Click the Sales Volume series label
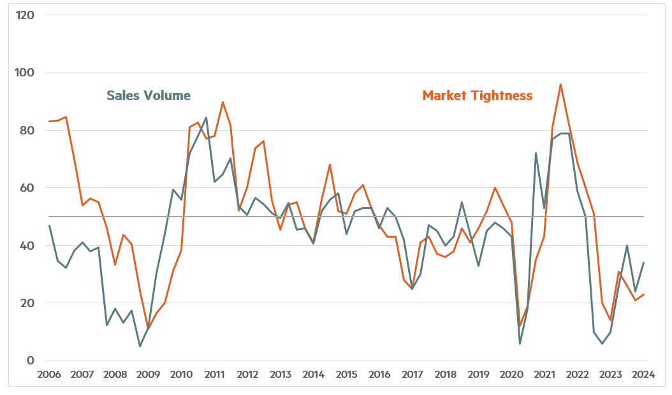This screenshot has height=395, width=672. (x=149, y=96)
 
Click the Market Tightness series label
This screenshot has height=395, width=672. (x=477, y=96)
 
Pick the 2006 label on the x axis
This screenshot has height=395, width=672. (x=49, y=375)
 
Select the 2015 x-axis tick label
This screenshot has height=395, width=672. (x=346, y=375)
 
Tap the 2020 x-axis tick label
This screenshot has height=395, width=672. (x=511, y=375)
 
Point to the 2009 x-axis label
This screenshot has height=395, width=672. (x=148, y=375)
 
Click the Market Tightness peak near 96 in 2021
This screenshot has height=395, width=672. (x=560, y=84)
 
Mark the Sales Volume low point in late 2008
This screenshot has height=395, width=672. (x=140, y=346)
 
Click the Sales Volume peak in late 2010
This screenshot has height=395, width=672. (x=206, y=118)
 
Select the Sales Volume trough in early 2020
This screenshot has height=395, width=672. (x=520, y=344)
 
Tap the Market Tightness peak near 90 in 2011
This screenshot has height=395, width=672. (x=223, y=102)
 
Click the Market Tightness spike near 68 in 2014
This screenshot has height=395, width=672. (x=330, y=164)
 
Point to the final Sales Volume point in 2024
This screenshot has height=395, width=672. (x=643, y=262)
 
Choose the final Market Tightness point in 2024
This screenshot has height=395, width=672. (x=643, y=294)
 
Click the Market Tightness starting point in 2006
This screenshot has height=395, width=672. (x=49, y=121)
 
